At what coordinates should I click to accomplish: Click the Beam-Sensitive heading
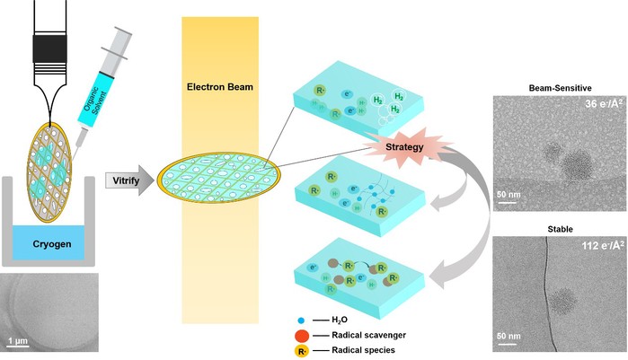click(558, 88)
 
